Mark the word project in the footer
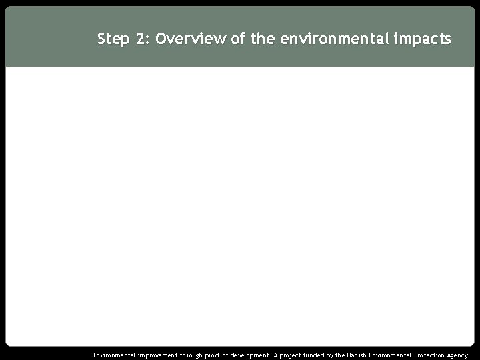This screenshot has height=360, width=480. tap(295, 355)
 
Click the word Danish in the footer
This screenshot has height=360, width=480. tap(365, 355)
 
